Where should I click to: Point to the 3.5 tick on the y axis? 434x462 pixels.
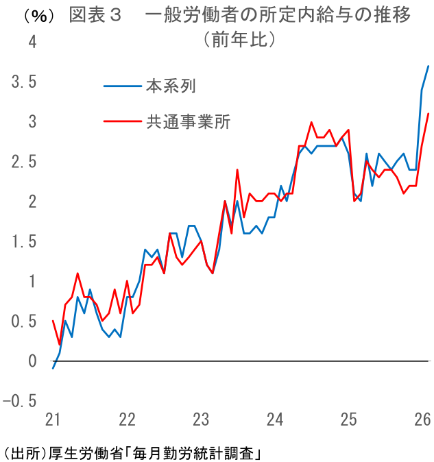click(x=24, y=82)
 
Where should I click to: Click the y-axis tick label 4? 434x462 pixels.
click(x=32, y=42)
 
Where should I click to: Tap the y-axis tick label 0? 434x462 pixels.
click(x=32, y=361)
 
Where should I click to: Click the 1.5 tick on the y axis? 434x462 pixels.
click(x=24, y=242)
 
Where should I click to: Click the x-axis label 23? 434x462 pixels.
click(x=200, y=419)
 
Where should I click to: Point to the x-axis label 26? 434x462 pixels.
click(x=422, y=419)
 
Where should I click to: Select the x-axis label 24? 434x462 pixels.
click(x=274, y=419)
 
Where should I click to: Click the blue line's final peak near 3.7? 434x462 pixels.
click(x=429, y=66)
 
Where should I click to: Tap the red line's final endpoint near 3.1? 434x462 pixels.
click(x=429, y=114)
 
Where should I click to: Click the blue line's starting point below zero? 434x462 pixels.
click(x=53, y=369)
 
